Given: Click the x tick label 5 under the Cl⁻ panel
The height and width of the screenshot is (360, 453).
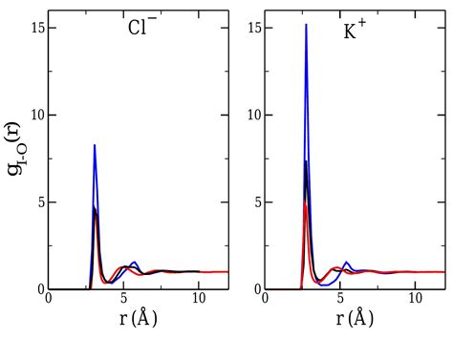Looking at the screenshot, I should pos(123,299).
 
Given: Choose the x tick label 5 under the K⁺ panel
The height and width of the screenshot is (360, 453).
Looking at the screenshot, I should pos(340,299).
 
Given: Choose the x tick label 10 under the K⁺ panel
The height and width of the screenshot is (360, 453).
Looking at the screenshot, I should pos(415,299).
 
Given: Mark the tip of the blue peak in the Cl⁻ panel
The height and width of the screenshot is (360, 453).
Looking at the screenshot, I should pos(95,145).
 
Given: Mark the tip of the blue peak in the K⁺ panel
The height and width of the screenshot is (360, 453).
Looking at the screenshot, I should pos(306,25).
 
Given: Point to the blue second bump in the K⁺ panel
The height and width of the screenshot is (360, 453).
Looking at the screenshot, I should pos(347,263).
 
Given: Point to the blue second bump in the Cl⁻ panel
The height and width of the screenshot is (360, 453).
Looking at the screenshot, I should pos(134,263).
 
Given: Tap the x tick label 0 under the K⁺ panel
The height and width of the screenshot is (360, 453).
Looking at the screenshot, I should pos(266,299).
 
